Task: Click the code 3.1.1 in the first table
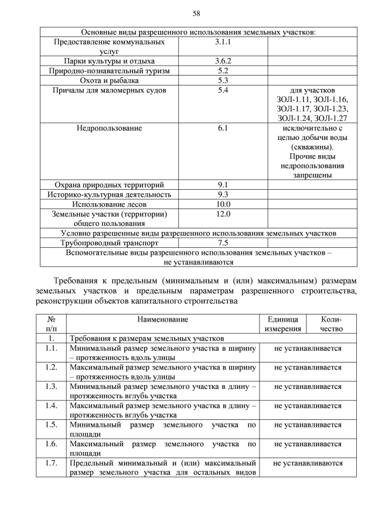[x=223, y=42]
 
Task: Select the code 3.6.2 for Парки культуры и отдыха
[x=223, y=61]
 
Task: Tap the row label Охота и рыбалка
[x=109, y=80]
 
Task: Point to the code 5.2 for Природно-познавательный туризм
[x=223, y=71]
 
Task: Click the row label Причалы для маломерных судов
[x=109, y=90]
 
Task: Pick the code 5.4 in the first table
[x=223, y=90]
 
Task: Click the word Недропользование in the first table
[x=109, y=128]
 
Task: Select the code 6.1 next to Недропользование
[x=223, y=128]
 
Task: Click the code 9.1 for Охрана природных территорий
[x=223, y=184]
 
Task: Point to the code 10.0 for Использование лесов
[x=223, y=204]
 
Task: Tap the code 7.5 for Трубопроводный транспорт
[x=223, y=242]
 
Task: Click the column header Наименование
[x=163, y=320]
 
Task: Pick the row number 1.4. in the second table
[x=51, y=405]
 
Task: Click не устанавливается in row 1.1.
[x=308, y=348]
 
